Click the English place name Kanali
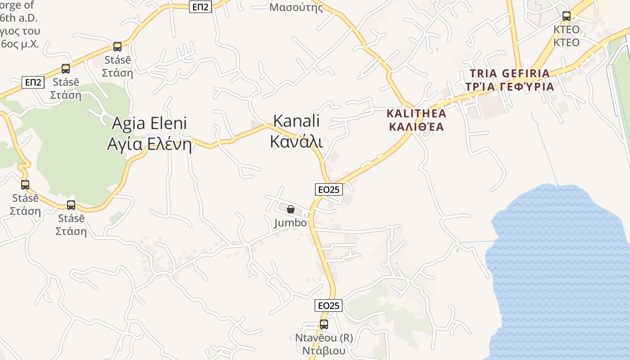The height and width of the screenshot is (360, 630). point(297,121)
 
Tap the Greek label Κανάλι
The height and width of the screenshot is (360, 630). point(297,140)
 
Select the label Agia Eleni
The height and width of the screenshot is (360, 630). point(149,123)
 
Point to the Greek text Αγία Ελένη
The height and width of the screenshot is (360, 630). point(149,144)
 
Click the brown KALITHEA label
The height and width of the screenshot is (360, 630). point(416,113)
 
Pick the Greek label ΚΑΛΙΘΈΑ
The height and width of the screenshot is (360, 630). point(416,127)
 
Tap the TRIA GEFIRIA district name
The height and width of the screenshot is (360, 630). point(509,73)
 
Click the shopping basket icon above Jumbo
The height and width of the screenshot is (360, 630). point(291,209)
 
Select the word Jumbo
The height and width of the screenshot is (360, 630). point(291,223)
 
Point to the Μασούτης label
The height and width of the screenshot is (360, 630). point(296,7)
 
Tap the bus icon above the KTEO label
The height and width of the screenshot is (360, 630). point(566,16)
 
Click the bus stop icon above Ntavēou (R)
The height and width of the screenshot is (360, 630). point(324,324)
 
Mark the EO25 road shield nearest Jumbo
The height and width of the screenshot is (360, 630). point(328,189)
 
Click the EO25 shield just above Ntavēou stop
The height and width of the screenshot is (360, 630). point(328,306)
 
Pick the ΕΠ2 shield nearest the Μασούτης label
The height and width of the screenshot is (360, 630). point(200,7)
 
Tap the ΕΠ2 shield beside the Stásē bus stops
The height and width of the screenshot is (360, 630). point(33,82)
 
